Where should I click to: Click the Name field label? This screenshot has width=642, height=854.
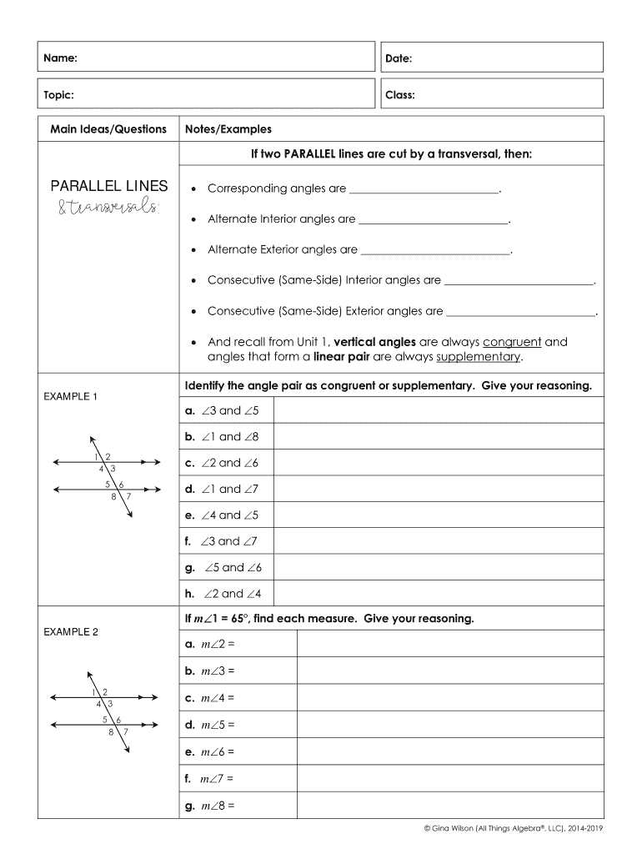61,58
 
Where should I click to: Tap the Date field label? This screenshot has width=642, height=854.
399,58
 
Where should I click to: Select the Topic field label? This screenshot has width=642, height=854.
59,95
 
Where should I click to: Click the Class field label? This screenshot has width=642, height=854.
400,95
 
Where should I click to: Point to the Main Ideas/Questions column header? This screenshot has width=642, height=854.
108,129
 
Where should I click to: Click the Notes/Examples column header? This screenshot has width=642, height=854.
228,129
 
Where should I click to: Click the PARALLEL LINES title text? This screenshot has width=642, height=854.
108,186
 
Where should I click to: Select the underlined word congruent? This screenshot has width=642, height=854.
512,342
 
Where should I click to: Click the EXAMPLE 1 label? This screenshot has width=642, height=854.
71,396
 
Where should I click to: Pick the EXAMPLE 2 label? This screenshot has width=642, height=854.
71,632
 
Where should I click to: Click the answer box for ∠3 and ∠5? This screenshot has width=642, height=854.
438,410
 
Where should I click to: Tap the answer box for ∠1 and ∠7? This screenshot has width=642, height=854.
438,490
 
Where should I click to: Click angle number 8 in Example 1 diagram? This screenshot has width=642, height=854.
113,498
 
